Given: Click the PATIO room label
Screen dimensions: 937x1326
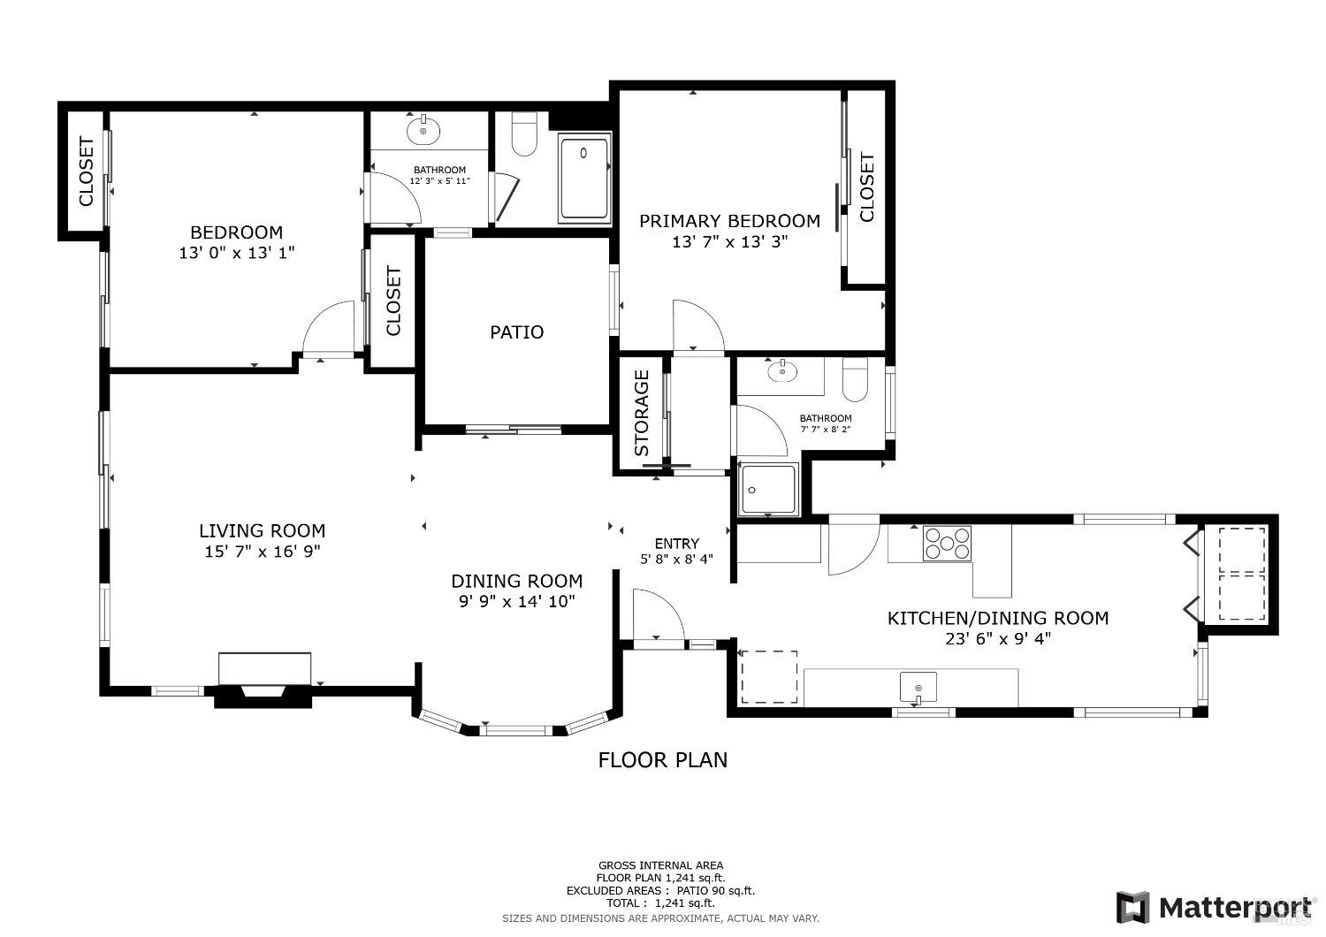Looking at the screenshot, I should (517, 332).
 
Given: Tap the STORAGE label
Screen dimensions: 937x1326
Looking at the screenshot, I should (642, 413).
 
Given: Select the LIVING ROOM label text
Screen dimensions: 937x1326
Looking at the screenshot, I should (262, 531).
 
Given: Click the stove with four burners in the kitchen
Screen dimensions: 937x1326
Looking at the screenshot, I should (947, 543).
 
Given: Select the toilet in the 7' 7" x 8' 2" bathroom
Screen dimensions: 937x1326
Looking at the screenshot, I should (856, 379).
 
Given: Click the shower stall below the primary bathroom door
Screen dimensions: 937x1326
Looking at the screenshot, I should (768, 489).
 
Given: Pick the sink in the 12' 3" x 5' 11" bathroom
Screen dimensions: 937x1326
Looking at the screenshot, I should (424, 131).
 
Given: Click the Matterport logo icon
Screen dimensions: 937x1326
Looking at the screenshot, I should (1132, 908).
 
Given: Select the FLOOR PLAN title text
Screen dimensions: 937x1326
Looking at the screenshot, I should (663, 759).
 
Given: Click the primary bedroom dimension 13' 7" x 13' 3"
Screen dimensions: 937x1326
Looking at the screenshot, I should (729, 241).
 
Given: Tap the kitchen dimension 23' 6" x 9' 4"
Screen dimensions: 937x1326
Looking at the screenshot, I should (997, 638).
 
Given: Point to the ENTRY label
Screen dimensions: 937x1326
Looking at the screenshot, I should (677, 544).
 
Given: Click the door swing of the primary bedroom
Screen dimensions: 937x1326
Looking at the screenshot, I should (697, 326).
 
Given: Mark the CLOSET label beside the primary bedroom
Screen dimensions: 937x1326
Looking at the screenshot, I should (866, 187).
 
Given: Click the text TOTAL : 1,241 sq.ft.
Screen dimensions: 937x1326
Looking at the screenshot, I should (660, 903).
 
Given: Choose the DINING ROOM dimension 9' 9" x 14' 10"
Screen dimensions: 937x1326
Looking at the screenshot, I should (516, 601).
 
